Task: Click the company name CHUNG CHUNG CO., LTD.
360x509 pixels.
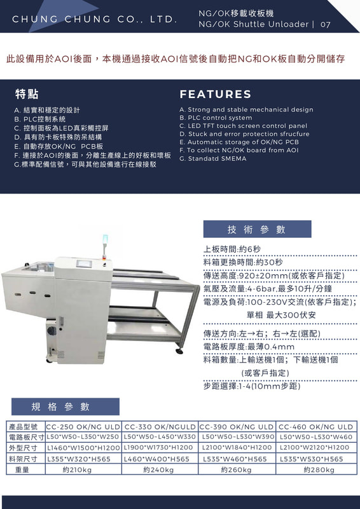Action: (95, 19)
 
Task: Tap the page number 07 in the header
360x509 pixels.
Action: (325, 24)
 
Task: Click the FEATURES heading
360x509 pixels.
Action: (215, 94)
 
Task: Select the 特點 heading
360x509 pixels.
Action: (27, 94)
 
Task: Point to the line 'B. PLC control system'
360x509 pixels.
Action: (216, 118)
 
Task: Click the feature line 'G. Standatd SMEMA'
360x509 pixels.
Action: (212, 158)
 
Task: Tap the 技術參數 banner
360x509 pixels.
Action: (257, 229)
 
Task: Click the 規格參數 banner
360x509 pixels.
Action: (66, 407)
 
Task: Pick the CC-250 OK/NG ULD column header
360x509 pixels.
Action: (83, 426)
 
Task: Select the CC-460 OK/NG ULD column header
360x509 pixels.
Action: (315, 426)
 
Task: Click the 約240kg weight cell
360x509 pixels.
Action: (158, 470)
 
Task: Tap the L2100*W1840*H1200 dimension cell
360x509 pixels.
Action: (237, 448)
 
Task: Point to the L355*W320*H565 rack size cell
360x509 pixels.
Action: (79, 459)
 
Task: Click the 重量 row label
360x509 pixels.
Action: (22, 470)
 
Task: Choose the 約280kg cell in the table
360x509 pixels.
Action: (319, 470)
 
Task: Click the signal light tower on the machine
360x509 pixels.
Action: (105, 246)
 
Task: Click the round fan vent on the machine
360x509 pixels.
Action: (52, 331)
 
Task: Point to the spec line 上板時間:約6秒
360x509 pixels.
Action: (232, 249)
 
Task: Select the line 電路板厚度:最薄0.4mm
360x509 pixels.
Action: (249, 347)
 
